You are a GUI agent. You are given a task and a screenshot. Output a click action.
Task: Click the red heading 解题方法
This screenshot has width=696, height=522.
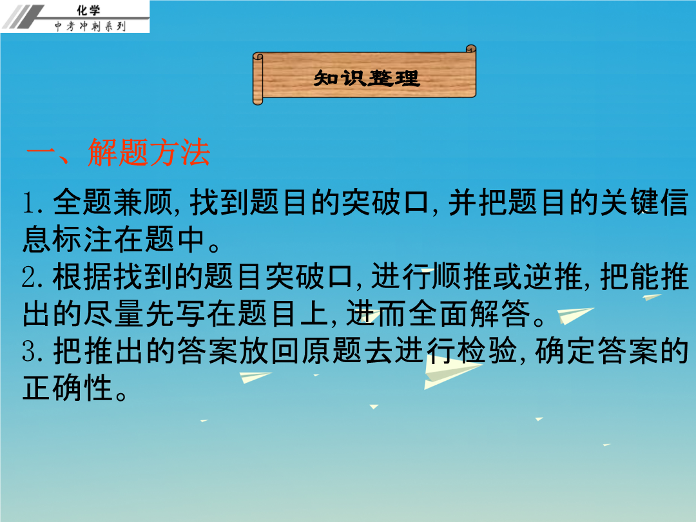(149, 153)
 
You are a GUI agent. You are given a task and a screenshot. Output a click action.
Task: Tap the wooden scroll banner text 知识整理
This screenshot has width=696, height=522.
(367, 78)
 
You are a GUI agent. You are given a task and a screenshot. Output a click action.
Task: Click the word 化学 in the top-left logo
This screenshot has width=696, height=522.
(88, 10)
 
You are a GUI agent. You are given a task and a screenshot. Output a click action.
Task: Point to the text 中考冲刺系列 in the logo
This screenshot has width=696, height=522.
(90, 26)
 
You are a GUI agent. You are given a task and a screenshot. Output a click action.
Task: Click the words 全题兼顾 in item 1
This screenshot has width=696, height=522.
(113, 202)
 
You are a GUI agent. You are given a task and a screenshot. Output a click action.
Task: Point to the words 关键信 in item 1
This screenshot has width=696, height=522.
(644, 202)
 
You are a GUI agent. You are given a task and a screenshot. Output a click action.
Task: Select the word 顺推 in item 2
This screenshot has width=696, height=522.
(462, 277)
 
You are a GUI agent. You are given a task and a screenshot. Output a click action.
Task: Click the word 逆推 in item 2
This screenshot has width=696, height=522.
(553, 277)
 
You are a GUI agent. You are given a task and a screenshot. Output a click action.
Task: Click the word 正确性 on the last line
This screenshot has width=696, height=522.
(68, 388)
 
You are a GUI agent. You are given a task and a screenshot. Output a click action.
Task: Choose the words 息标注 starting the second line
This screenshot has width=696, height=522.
(68, 240)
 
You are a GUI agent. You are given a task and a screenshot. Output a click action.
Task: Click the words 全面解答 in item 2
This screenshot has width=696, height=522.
(469, 314)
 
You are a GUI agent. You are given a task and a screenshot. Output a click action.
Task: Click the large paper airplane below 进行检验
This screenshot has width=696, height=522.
(449, 371)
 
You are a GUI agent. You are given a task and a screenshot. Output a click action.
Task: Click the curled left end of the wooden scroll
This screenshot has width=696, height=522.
(258, 79)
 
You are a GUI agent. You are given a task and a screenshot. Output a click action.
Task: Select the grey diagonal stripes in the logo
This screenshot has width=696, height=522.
(24, 17)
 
